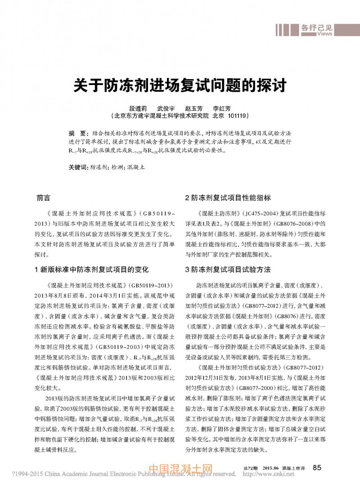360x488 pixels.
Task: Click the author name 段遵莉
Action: coord(138,109)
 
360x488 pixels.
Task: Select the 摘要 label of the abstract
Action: coord(76,134)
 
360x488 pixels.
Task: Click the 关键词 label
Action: coord(77,167)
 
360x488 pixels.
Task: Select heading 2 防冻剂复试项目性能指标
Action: coord(228,198)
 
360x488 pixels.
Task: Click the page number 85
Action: coord(317,468)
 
